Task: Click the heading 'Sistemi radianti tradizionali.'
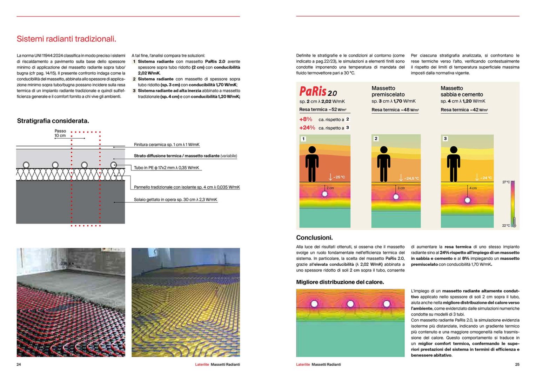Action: point(66,39)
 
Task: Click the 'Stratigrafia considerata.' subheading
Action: point(53,121)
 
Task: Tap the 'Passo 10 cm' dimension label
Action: point(60,133)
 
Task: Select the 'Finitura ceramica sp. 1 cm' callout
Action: point(167,145)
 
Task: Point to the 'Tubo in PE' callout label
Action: point(166,168)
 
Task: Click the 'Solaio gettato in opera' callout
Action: point(175,200)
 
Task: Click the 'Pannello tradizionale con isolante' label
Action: point(187,187)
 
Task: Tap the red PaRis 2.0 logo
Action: point(318,92)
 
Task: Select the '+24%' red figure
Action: point(307,128)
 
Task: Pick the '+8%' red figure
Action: point(306,119)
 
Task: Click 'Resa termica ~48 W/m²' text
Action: point(395,110)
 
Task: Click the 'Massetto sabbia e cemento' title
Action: point(462,91)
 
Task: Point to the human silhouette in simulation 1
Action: point(312,164)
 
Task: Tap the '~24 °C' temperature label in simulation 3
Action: point(486,178)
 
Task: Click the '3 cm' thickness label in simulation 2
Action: point(401,188)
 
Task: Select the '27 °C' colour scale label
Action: point(506,182)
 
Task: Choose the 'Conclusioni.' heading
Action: point(314,238)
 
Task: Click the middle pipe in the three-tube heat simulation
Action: point(350,304)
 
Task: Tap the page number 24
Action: point(19,365)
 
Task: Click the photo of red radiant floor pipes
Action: point(71,302)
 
